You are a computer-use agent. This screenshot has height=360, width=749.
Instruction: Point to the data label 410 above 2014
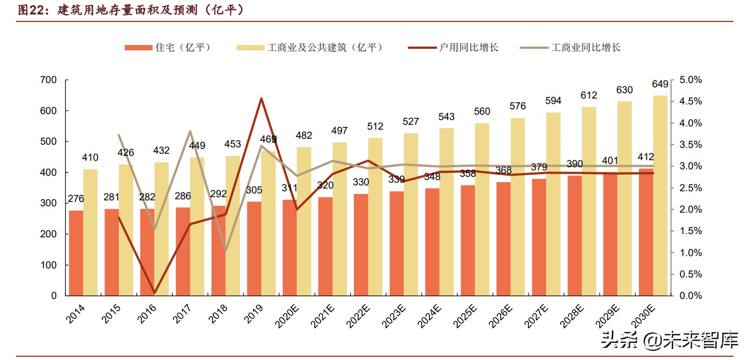pos(90,157)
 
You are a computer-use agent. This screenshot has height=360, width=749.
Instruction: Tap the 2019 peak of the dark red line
pos(261,99)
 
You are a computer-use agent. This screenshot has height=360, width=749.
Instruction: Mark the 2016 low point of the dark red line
pos(154,293)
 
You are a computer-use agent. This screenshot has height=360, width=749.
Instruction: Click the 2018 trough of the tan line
pos(225,250)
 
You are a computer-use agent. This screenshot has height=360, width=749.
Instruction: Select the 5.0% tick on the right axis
pos(691,80)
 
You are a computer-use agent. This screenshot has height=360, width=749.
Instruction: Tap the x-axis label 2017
pos(183,313)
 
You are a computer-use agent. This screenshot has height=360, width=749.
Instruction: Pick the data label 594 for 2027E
pos(553,101)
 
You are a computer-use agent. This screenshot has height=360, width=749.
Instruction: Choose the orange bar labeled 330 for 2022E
pos(361,244)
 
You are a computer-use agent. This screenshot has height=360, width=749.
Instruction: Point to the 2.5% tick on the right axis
pos(691,188)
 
